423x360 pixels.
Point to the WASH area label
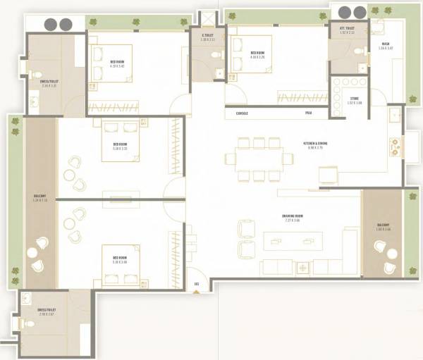click(386, 46)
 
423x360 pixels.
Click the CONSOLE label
click(242, 113)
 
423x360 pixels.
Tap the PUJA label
click(309, 113)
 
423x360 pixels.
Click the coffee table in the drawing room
click(292, 240)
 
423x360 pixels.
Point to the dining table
click(257, 158)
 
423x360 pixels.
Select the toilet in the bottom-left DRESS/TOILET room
click(28, 323)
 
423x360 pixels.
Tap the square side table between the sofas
click(303, 268)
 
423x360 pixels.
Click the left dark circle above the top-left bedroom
click(51, 23)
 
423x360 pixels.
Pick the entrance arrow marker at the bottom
click(196, 285)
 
